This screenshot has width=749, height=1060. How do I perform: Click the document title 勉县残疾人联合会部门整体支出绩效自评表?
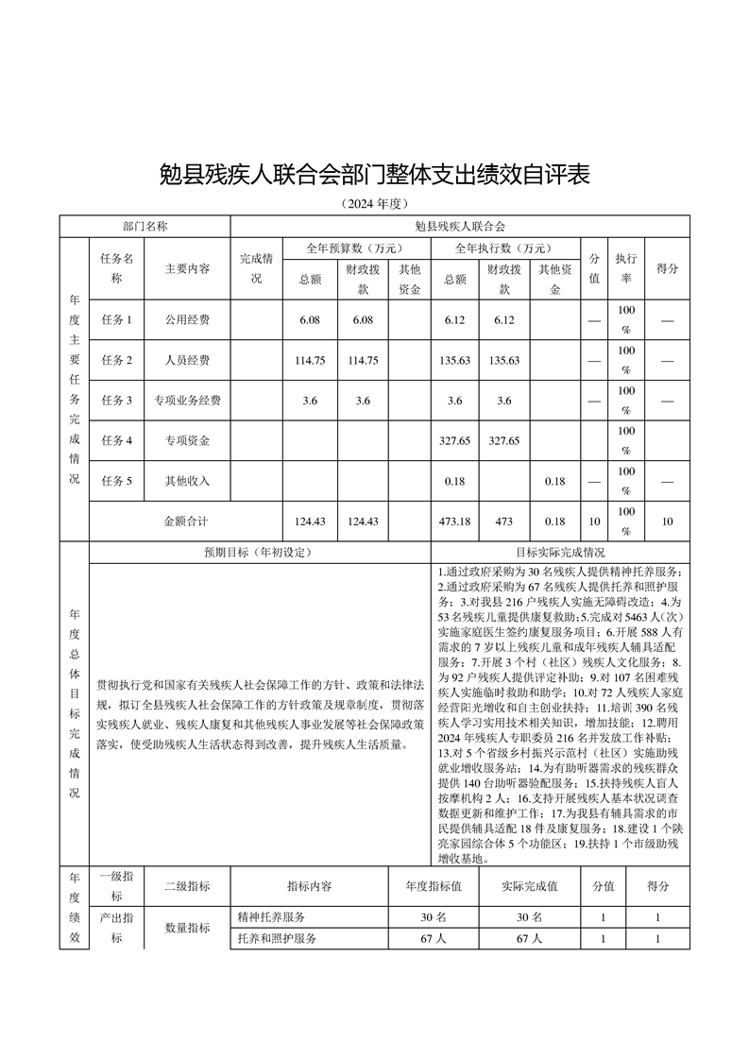point(374,175)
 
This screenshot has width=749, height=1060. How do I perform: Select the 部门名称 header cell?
point(145,227)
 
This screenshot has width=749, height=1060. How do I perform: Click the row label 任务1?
point(117,319)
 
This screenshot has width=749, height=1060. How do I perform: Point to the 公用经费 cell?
point(187,319)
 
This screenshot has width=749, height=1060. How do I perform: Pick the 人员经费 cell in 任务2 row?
point(187,360)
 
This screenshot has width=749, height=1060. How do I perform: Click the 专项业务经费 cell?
point(187,401)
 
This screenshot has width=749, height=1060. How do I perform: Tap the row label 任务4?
point(117,441)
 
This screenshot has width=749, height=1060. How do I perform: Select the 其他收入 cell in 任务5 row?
point(187,481)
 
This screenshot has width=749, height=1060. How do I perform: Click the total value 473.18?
point(454,521)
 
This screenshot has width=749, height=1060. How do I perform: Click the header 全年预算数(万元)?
point(356,248)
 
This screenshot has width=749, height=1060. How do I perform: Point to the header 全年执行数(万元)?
point(504,248)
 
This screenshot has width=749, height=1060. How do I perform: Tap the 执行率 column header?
point(625,268)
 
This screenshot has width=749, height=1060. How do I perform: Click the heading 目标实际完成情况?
point(560,553)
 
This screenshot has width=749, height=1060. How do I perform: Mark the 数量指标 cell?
point(187,928)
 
